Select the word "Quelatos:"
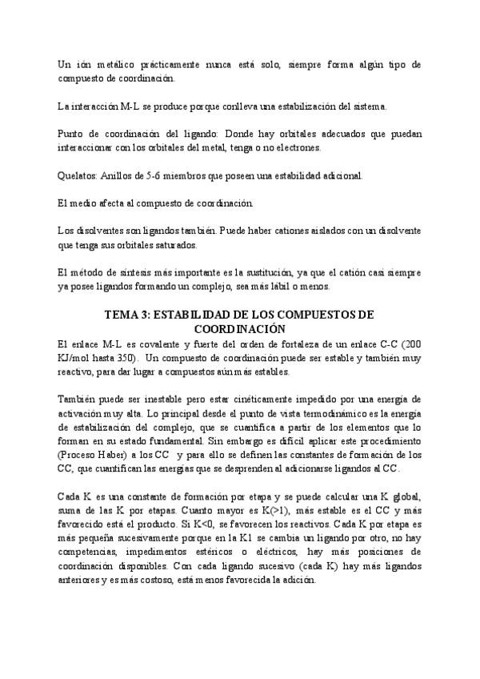tap(79, 175)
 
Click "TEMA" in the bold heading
tap(125, 315)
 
